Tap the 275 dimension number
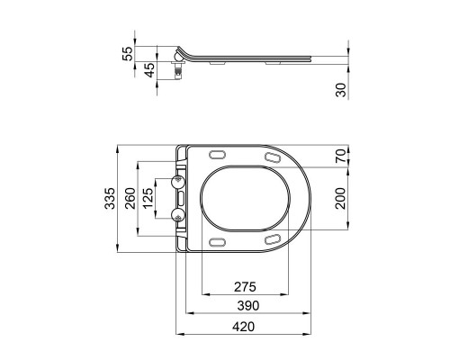tap(244, 286)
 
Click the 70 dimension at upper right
tap(338, 155)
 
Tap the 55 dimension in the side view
tap(127, 54)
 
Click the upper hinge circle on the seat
tap(177, 181)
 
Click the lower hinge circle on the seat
tap(177, 212)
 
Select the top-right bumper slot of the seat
tap(271, 158)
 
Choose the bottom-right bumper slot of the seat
tap(271, 237)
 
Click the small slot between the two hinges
tap(181, 197)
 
